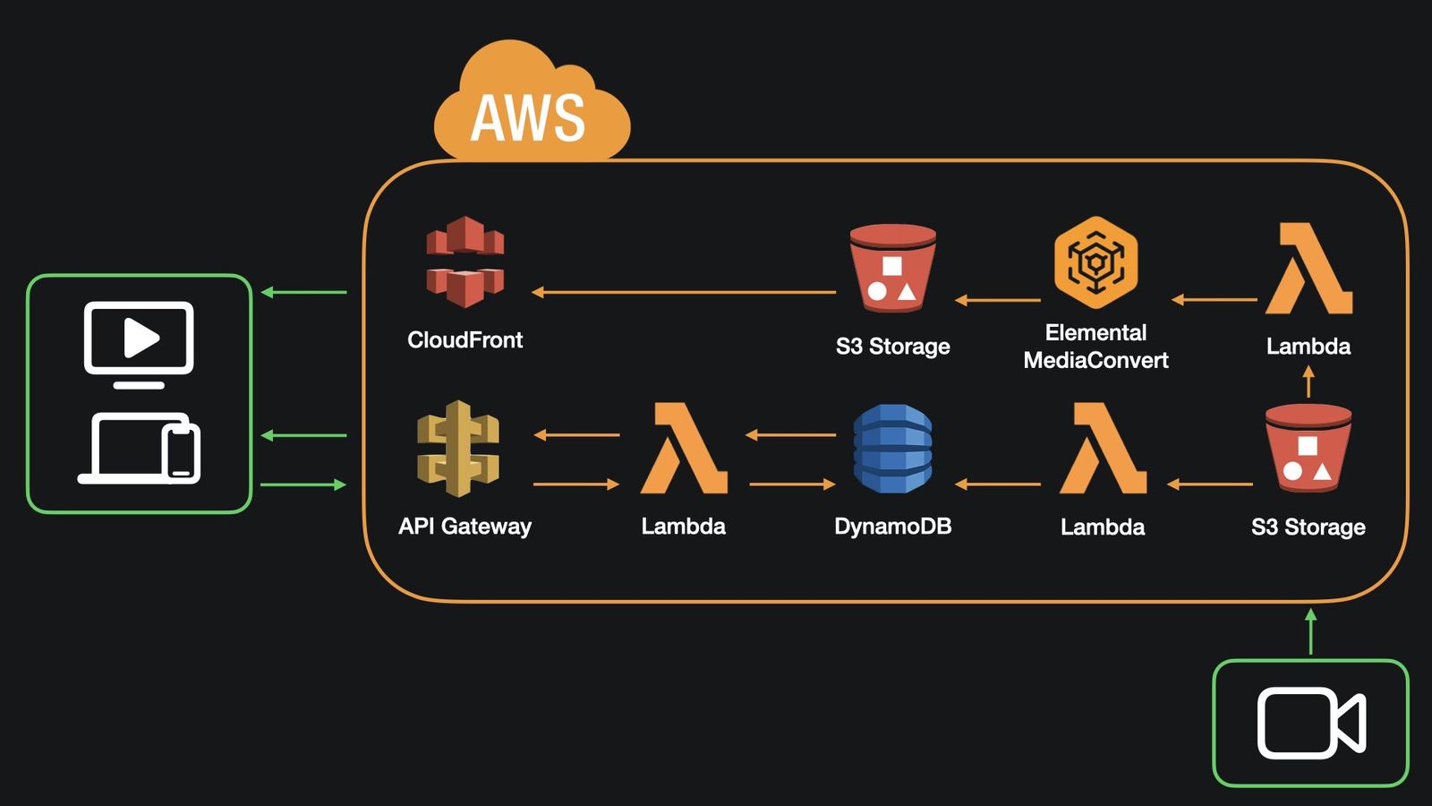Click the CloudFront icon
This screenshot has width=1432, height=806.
pyautogui.click(x=465, y=262)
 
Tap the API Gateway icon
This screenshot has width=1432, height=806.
pyautogui.click(x=458, y=448)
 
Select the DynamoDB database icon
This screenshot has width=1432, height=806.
pyautogui.click(x=892, y=449)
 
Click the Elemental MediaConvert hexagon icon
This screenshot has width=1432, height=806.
pyautogui.click(x=1095, y=262)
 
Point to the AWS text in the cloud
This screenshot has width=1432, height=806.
pyautogui.click(x=528, y=118)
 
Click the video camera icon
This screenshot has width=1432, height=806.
pyautogui.click(x=1310, y=723)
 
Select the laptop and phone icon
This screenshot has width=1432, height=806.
pyautogui.click(x=140, y=448)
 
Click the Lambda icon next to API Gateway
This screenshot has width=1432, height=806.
pyautogui.click(x=684, y=448)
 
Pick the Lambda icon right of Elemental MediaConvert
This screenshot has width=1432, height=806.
pyautogui.click(x=1308, y=269)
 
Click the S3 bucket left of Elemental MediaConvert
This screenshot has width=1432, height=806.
pyautogui.click(x=892, y=267)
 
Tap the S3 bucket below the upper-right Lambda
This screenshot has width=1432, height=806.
pyautogui.click(x=1308, y=447)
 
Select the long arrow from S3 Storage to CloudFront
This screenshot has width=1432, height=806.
pyautogui.click(x=684, y=292)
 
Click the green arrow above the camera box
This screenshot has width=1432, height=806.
pyautogui.click(x=1310, y=631)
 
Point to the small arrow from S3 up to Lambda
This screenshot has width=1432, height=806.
pyautogui.click(x=1308, y=382)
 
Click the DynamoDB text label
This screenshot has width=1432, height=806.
pyautogui.click(x=892, y=527)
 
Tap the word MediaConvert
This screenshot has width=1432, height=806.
pyautogui.click(x=1095, y=361)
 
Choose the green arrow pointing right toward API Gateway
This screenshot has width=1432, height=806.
pyautogui.click(x=303, y=484)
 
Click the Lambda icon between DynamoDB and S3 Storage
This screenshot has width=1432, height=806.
pyautogui.click(x=1103, y=448)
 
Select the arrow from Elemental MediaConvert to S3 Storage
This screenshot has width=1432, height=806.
pyautogui.click(x=998, y=300)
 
